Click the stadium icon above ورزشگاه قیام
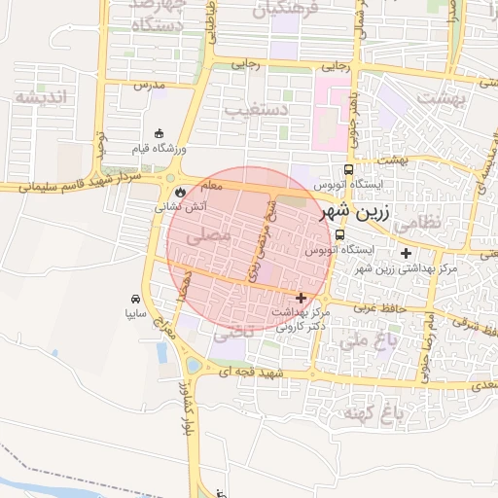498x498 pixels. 160,134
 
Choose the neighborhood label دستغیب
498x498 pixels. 256,108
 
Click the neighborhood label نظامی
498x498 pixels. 419,221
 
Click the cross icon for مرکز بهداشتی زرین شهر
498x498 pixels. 406,253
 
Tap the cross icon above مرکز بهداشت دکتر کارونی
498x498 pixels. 301,298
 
